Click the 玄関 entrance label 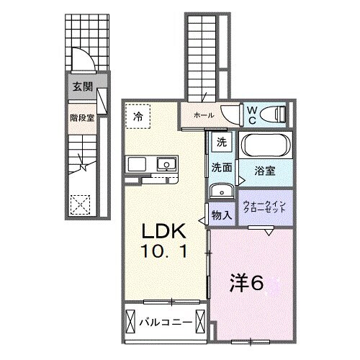[81, 87]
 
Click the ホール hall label [204, 114]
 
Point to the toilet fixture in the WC [272, 113]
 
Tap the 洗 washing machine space [222, 142]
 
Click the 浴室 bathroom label [265, 171]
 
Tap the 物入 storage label [221, 215]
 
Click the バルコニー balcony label [165, 321]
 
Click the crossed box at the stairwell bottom [81, 203]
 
